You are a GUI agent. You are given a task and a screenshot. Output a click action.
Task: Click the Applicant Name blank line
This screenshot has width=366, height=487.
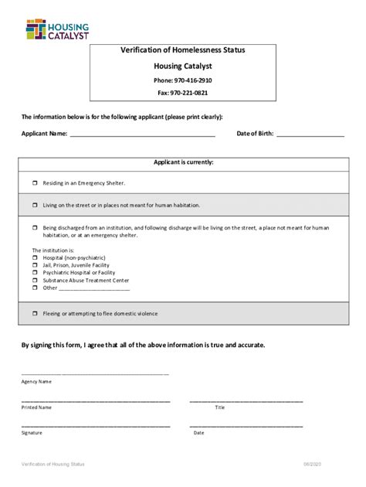[x=142, y=135]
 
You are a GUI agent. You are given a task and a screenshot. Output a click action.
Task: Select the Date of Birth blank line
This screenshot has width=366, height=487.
[x=310, y=135]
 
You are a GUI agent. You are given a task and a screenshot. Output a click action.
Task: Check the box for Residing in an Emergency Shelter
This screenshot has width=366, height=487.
[x=35, y=183]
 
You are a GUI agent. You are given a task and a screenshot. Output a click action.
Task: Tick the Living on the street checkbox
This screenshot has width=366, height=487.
[x=35, y=206]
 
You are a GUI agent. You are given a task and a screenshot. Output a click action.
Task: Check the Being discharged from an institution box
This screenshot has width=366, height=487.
[x=35, y=228]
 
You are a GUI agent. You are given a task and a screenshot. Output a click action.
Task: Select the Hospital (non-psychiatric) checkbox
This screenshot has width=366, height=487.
[x=35, y=257]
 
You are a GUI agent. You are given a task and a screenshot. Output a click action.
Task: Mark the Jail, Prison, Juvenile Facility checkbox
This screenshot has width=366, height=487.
[x=35, y=265]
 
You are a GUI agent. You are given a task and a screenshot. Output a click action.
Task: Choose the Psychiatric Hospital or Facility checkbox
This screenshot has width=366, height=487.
[x=35, y=273]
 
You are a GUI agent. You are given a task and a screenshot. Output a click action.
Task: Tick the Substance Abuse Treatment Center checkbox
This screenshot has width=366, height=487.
[x=35, y=281]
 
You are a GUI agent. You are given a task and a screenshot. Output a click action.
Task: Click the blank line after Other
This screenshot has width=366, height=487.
[x=95, y=289]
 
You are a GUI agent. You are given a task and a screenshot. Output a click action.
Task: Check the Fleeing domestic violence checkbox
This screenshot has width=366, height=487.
[x=35, y=313]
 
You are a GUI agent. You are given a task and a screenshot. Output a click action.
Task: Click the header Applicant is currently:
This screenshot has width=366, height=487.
[x=182, y=162]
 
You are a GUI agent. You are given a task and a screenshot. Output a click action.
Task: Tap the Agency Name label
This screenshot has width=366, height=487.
[x=36, y=381]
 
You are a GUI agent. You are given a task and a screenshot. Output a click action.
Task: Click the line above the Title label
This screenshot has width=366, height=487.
[x=246, y=401]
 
